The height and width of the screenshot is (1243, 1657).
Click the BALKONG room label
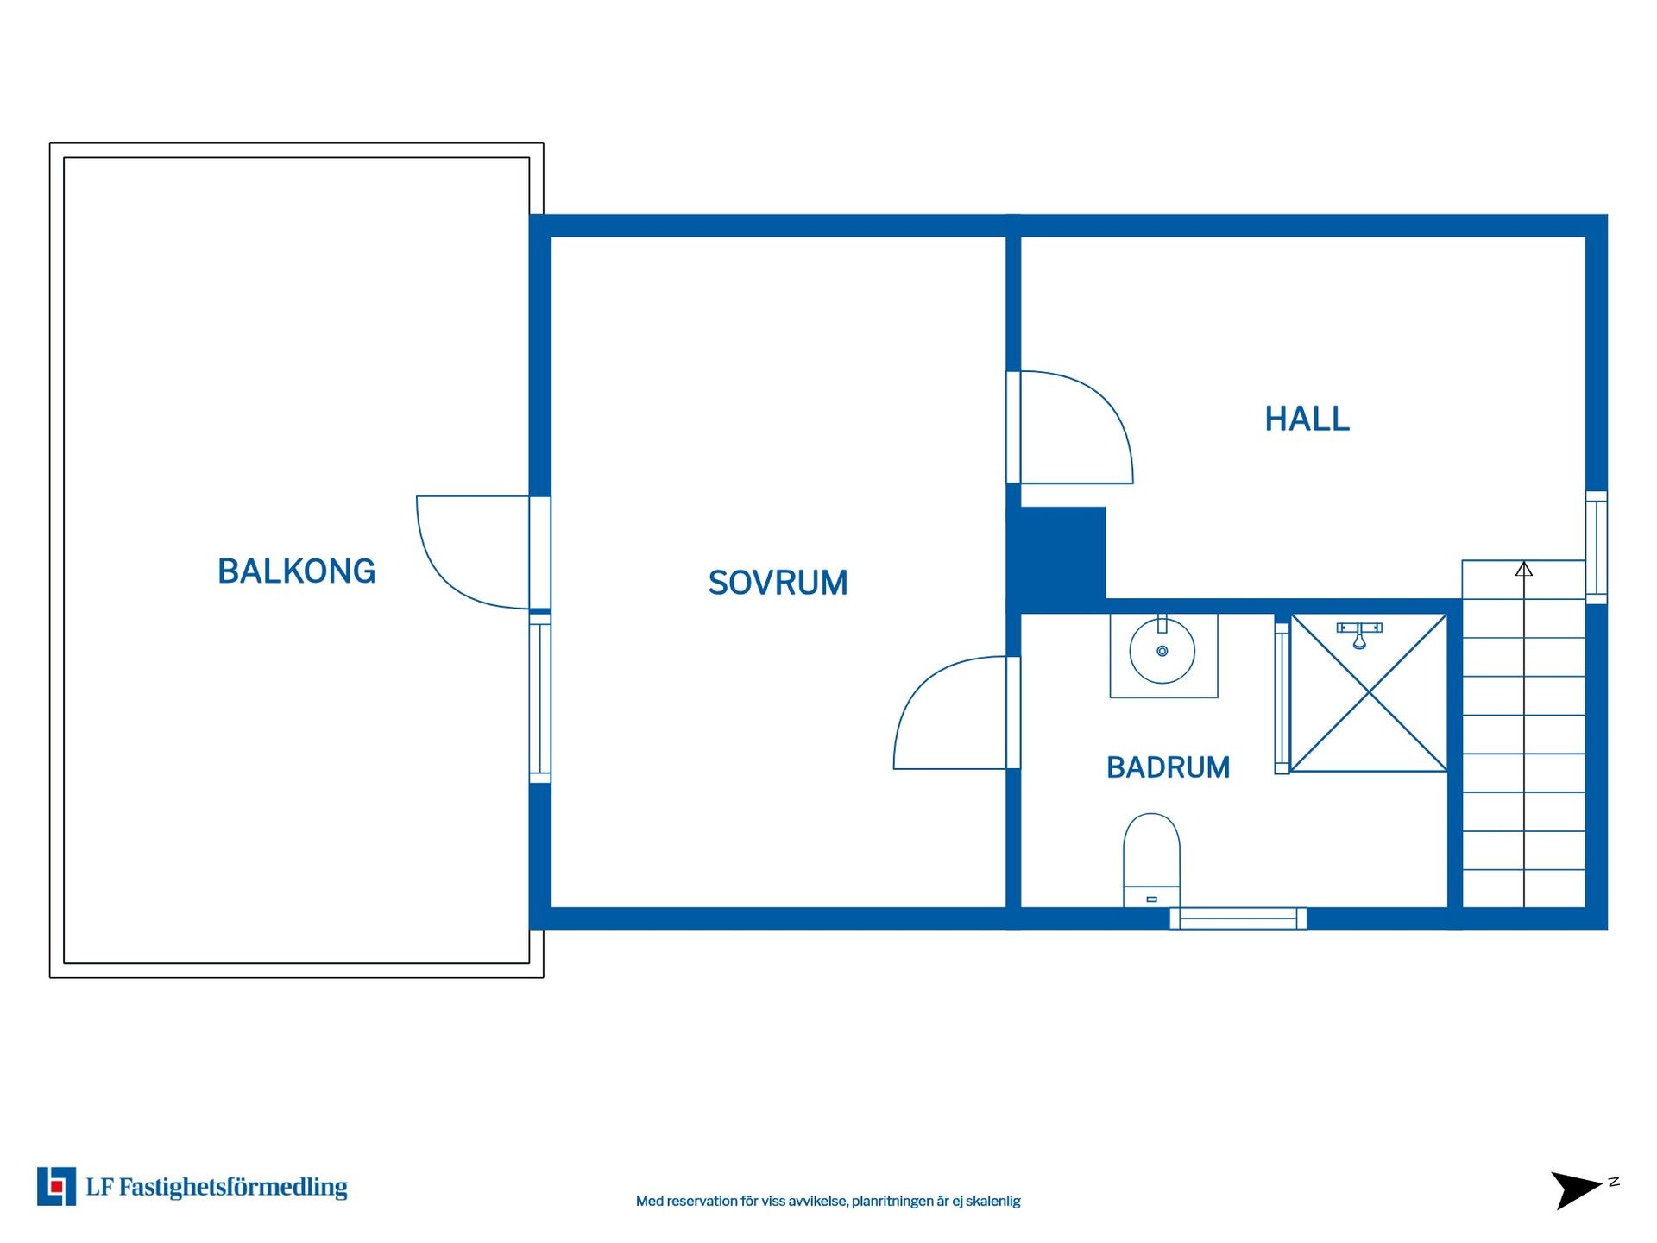pos(296,571)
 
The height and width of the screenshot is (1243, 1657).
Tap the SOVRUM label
pos(778,583)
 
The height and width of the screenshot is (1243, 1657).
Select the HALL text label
pos(1307,419)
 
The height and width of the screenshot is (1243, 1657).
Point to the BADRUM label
pos(1168,767)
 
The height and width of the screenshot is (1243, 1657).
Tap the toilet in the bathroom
pos(1151,860)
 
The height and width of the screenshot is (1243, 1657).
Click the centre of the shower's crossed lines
pos(1370,691)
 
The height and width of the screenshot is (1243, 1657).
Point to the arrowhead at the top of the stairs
pos(1524,569)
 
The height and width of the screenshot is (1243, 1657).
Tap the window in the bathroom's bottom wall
pos(1238,918)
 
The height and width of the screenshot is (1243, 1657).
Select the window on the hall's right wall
pos(1597,547)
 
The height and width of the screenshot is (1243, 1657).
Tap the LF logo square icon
pos(56,1186)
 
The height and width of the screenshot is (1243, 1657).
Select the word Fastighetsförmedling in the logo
pos(233,1188)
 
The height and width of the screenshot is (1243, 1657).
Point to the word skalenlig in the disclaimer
pos(992,1201)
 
